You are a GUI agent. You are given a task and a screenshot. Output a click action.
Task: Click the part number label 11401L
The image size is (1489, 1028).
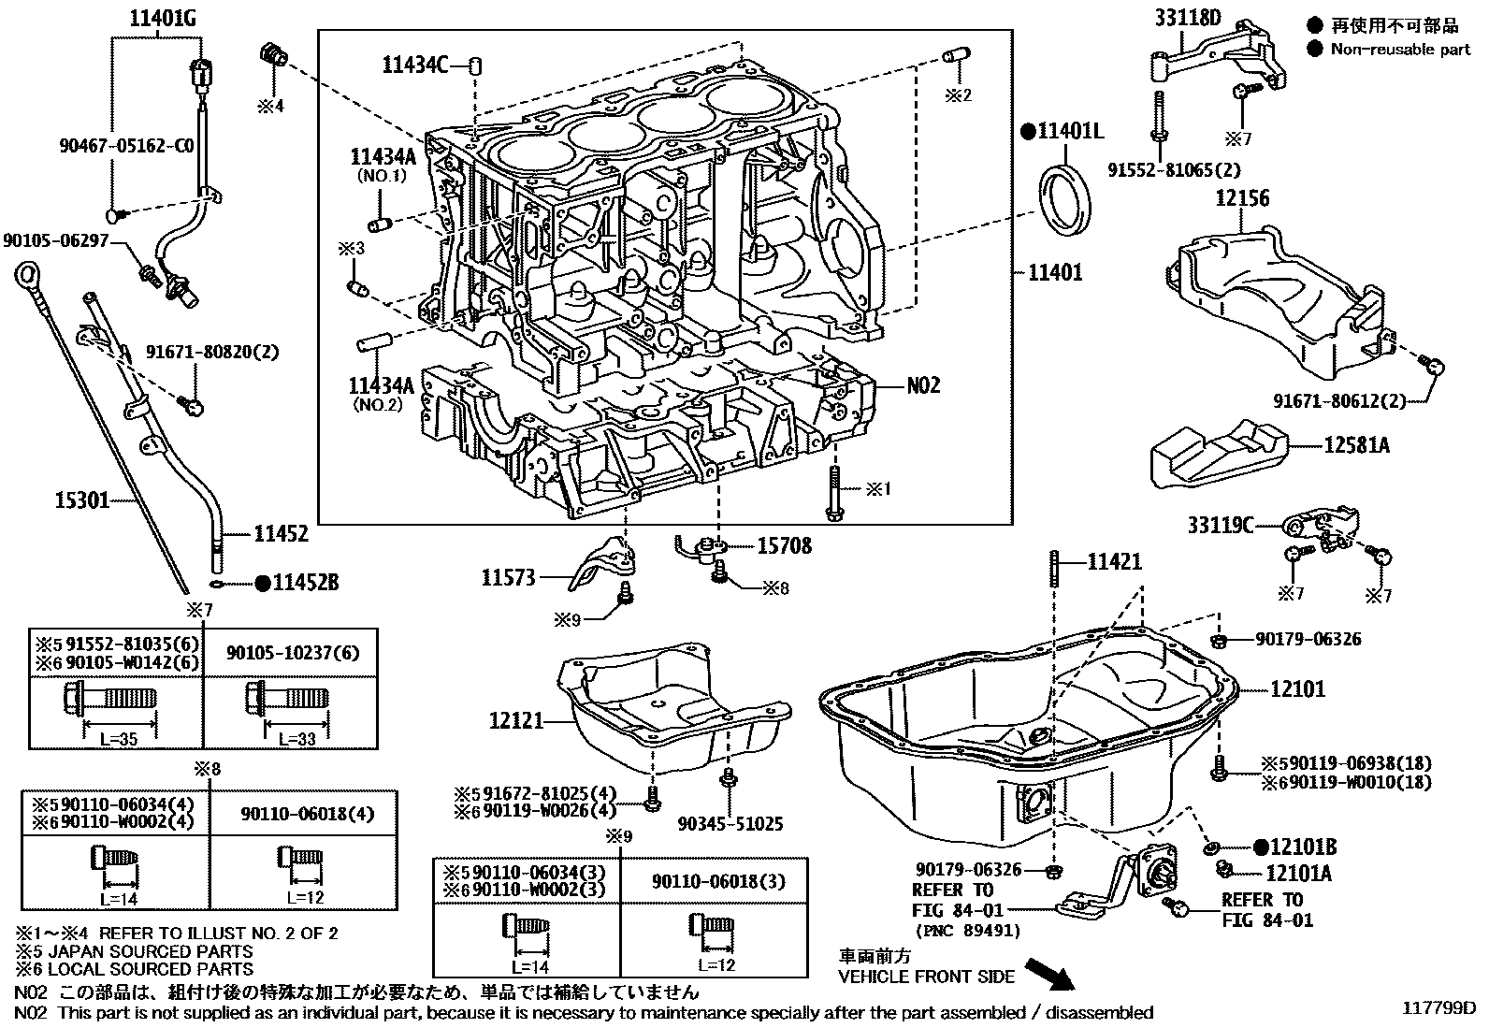pos(1070,131)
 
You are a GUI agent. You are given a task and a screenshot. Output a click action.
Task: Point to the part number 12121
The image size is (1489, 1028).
pos(514,720)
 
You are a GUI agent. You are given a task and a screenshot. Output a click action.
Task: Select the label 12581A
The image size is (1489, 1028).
pos(1356,445)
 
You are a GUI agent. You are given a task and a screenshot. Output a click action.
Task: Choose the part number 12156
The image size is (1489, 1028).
pos(1242,198)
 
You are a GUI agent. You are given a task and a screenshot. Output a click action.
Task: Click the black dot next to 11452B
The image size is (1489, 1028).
pos(263,583)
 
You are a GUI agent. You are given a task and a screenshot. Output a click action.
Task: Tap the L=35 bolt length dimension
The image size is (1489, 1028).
pos(119,738)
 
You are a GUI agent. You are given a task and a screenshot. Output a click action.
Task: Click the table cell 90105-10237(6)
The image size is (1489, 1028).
pos(291,653)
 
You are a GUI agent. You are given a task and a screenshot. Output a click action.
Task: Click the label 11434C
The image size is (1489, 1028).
pos(414,65)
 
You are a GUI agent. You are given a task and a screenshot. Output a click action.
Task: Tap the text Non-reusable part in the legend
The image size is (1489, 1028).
pos(1400,50)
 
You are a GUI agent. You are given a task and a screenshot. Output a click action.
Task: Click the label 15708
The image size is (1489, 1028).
pos(784,545)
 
